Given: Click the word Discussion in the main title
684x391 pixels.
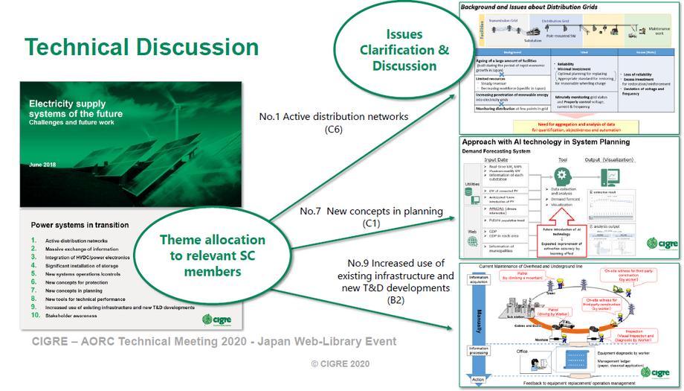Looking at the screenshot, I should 199,46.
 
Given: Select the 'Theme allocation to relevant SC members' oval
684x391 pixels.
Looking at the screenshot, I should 212,255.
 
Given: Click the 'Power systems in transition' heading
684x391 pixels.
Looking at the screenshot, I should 80,225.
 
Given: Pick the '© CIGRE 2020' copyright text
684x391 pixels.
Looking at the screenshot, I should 339,363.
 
